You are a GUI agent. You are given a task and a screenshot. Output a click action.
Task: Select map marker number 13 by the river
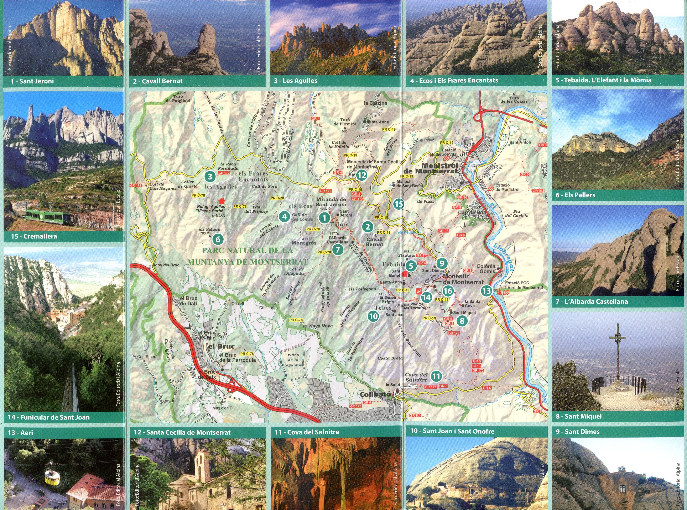[486, 291]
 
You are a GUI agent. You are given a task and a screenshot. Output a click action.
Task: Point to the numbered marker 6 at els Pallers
[218, 239]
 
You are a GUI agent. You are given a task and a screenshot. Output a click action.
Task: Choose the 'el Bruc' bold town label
[221, 346]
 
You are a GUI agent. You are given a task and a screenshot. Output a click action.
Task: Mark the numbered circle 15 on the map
[399, 204]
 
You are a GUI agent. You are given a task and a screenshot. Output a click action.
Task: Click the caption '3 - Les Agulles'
[295, 81]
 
